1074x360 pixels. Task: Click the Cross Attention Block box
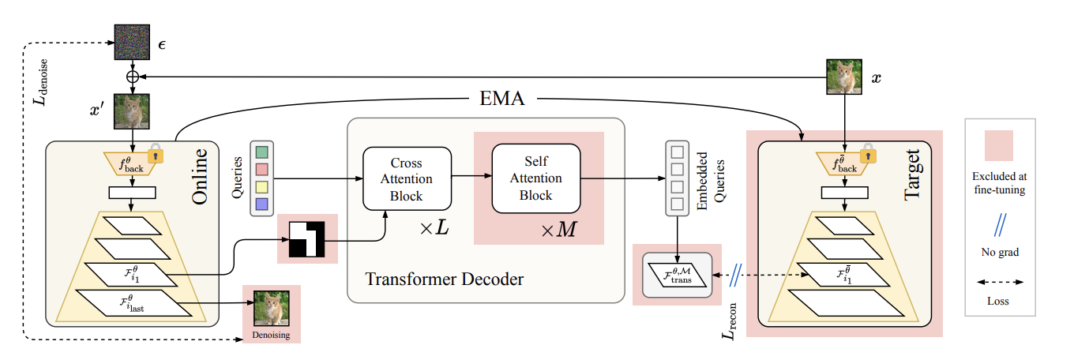pos(406,179)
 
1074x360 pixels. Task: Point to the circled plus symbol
pos(132,76)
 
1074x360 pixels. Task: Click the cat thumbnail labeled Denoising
pos(271,309)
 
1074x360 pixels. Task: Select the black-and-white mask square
pos(307,238)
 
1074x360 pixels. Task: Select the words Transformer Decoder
pos(445,279)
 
